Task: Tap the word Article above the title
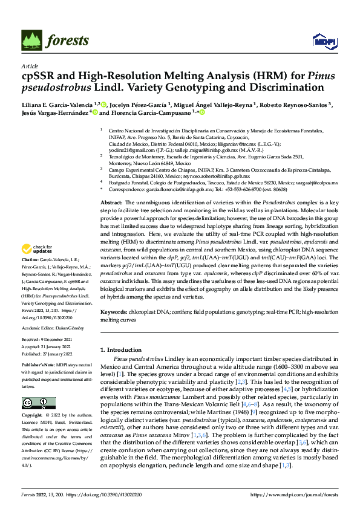[29, 66]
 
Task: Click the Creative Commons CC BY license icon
[38, 404]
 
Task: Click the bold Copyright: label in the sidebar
[34, 417]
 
